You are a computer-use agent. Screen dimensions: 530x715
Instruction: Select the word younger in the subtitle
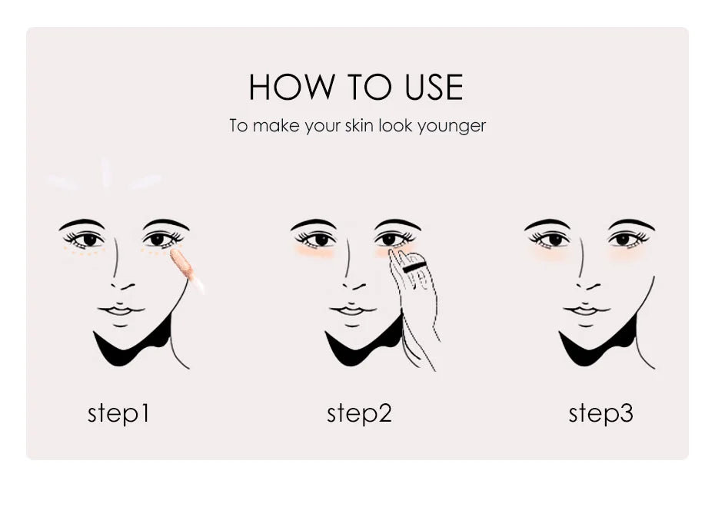[451, 126]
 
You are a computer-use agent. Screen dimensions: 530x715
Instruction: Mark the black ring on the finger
[414, 267]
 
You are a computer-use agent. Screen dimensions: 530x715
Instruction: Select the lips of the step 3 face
[586, 310]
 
